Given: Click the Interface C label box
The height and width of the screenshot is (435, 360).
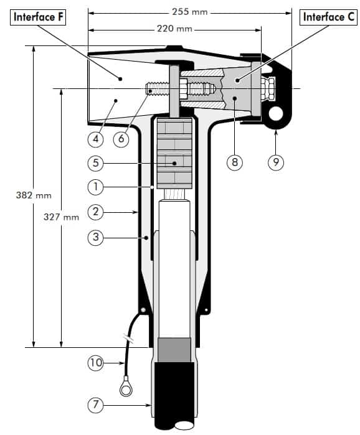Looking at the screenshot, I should point(328,17).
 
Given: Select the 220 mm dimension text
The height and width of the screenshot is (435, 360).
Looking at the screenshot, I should point(174,28).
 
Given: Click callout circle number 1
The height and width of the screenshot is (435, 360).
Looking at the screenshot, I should point(95,186).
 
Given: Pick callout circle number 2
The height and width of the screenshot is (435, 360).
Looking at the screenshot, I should point(95,212).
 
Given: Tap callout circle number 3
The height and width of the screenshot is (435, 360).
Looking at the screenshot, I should point(95,238).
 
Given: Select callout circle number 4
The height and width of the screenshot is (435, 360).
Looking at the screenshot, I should point(95,138).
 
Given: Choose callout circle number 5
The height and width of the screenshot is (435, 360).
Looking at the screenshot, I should point(95,163).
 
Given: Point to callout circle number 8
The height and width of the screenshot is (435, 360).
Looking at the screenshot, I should point(234,163).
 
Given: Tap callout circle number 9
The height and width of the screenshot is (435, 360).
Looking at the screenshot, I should point(276,163).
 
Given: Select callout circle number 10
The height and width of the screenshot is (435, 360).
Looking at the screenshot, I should point(95,362).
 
